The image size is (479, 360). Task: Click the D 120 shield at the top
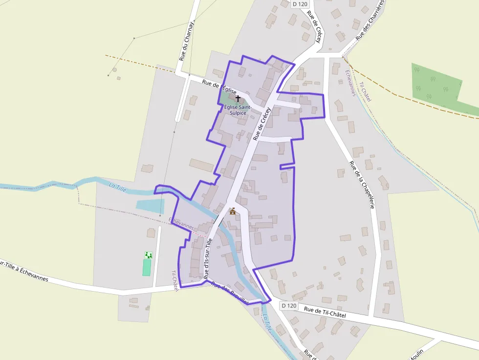click(x=301, y=4)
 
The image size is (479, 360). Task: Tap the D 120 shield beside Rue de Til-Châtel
click(x=289, y=305)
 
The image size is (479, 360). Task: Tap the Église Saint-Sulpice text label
click(x=238, y=109)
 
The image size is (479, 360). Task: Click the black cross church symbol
click(x=238, y=98)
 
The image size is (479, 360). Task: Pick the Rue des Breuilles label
click(x=230, y=294)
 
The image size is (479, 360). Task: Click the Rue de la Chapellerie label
click(x=362, y=185)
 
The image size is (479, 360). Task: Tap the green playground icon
click(x=148, y=255)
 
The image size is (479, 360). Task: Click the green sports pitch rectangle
click(x=147, y=268)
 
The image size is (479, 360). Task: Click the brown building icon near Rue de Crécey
click(x=233, y=211)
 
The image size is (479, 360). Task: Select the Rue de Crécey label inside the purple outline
click(x=262, y=124)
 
